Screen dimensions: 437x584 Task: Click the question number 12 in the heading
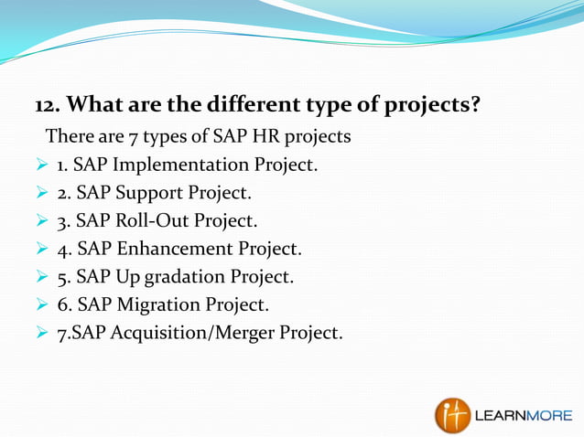[47, 105]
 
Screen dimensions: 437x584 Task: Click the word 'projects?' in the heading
[431, 105]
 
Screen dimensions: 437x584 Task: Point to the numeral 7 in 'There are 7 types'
[126, 137]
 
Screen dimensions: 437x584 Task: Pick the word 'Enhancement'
[171, 248]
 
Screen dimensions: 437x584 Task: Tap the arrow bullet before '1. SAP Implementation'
[41, 165]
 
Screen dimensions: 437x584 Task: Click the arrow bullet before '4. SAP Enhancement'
[41, 248]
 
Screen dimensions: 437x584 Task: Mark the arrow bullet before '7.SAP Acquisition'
[41, 331]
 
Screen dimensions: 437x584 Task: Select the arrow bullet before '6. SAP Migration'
[41, 304]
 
